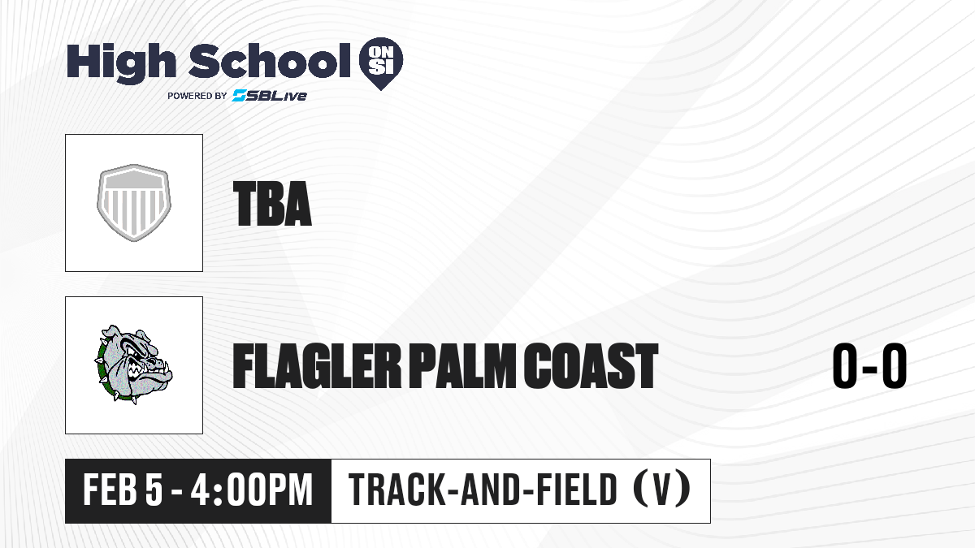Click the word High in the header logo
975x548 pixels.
coord(121,63)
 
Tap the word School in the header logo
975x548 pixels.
coord(270,61)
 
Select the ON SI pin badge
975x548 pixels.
coord(381,63)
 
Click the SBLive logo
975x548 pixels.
coord(269,95)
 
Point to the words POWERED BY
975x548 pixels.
coord(197,96)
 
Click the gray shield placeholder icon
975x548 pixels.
coord(133,203)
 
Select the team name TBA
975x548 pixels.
coord(272,203)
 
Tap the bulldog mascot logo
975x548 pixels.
coord(133,365)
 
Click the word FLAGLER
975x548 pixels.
coord(316,365)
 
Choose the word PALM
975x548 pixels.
coord(461,365)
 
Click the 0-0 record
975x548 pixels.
coord(869,365)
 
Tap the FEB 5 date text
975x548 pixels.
coord(123,490)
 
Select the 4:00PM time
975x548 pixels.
coord(252,490)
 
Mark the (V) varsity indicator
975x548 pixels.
coord(661,490)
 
